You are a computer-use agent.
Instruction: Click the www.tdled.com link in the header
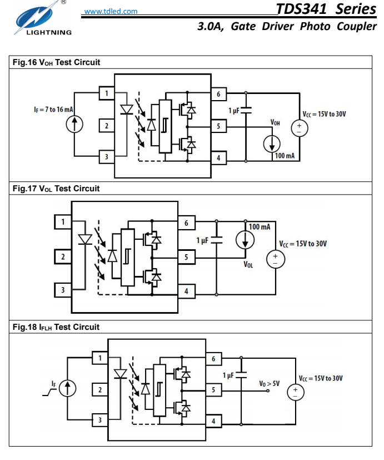click(x=111, y=11)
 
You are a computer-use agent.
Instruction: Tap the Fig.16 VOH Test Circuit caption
click(x=56, y=62)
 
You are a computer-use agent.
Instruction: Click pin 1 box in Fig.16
click(x=106, y=93)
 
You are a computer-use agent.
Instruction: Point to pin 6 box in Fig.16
click(x=218, y=93)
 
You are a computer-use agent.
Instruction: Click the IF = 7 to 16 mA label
click(x=49, y=110)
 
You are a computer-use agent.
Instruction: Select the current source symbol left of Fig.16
click(x=73, y=126)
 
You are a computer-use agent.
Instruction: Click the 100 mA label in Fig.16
click(x=285, y=156)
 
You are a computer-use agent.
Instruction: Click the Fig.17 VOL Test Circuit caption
click(x=56, y=189)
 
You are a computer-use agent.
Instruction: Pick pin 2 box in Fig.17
click(x=63, y=257)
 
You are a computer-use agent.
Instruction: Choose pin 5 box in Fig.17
click(x=186, y=257)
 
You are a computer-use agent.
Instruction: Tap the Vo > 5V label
click(x=268, y=384)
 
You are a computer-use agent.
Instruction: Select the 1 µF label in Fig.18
click(x=229, y=375)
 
